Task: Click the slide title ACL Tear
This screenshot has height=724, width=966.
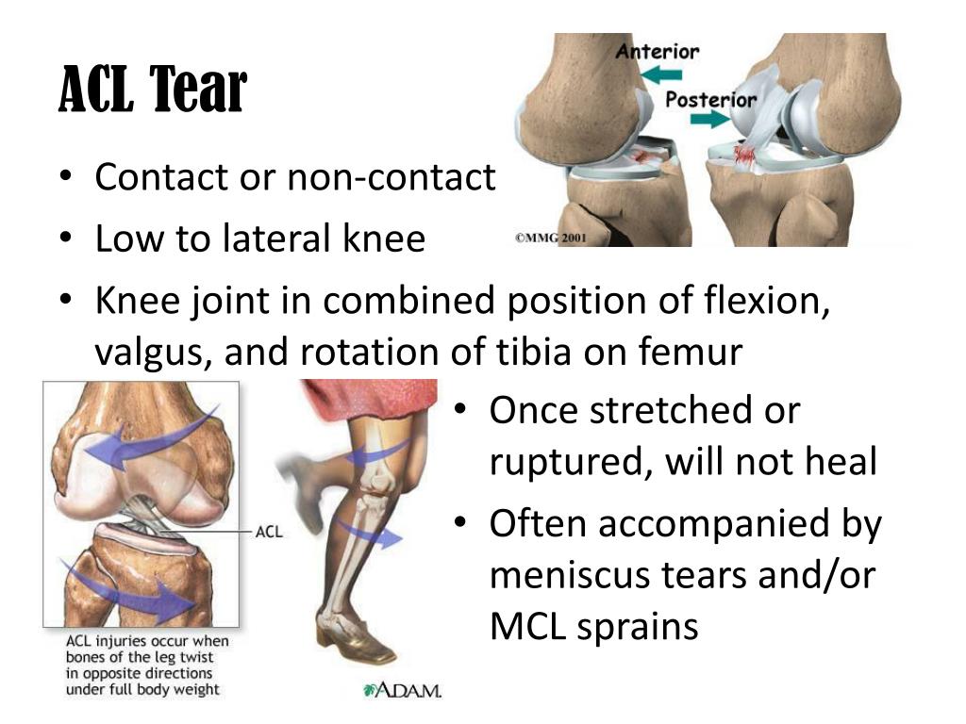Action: point(153,90)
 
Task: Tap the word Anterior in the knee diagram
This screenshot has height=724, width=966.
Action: point(658,51)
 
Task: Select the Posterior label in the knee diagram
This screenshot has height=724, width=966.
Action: point(711,100)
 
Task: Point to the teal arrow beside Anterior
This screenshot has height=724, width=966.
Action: point(661,75)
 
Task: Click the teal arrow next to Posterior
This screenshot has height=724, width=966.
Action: point(709,119)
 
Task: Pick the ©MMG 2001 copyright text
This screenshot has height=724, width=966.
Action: point(550,238)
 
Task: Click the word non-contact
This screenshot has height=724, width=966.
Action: point(391,177)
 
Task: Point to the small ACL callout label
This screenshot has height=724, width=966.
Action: point(269,532)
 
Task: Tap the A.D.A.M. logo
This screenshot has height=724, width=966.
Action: point(402,690)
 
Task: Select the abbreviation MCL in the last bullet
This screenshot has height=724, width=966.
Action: point(527,626)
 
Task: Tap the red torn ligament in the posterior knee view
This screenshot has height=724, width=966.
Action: point(745,156)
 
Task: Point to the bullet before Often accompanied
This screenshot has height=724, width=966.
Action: point(460,522)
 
